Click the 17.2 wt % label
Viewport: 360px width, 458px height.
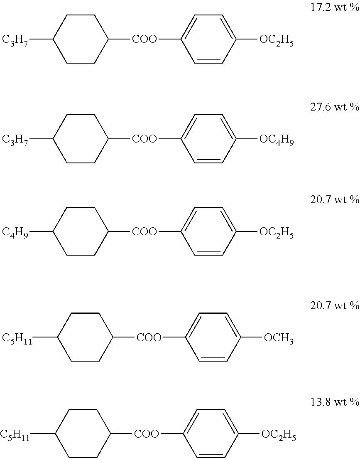tap(334, 7)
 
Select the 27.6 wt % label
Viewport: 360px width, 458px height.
tap(334, 107)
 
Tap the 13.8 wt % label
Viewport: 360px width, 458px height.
tap(334, 402)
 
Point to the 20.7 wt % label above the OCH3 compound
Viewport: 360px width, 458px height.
tap(334, 306)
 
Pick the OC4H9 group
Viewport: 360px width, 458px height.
tap(277, 140)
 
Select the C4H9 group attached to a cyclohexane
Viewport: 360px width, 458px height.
tap(15, 232)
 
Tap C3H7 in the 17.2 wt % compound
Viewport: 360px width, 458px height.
tap(15, 40)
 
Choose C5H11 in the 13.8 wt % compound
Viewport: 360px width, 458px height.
tap(15, 436)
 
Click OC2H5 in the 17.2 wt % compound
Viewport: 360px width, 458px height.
tap(277, 40)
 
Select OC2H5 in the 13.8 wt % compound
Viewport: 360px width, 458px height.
tap(278, 436)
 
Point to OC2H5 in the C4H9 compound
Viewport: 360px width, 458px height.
tap(277, 232)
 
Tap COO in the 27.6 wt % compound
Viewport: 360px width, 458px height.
tap(144, 139)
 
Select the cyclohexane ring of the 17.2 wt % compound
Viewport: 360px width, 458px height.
tap(81, 39)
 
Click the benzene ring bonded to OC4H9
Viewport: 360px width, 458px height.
tap(209, 139)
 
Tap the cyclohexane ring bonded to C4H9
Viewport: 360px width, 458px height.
tap(81, 231)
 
